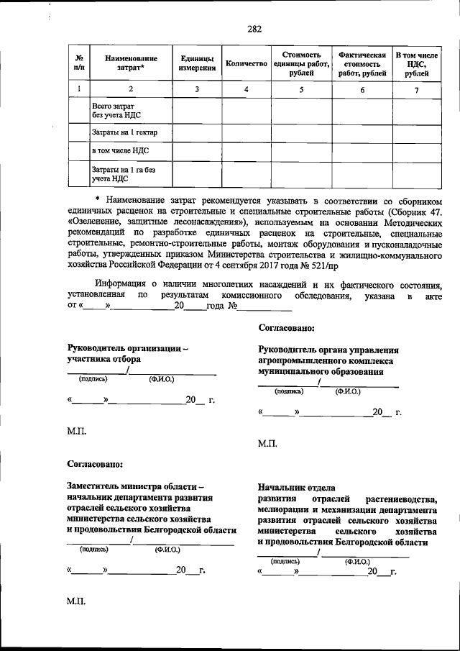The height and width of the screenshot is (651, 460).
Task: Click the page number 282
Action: (x=254, y=29)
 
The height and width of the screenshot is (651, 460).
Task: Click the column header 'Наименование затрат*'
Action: (x=130, y=63)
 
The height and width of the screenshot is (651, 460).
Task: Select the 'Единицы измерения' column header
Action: (x=197, y=63)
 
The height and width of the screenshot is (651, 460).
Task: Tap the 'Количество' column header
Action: (x=246, y=63)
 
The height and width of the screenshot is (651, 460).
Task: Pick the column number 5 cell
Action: (x=301, y=90)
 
